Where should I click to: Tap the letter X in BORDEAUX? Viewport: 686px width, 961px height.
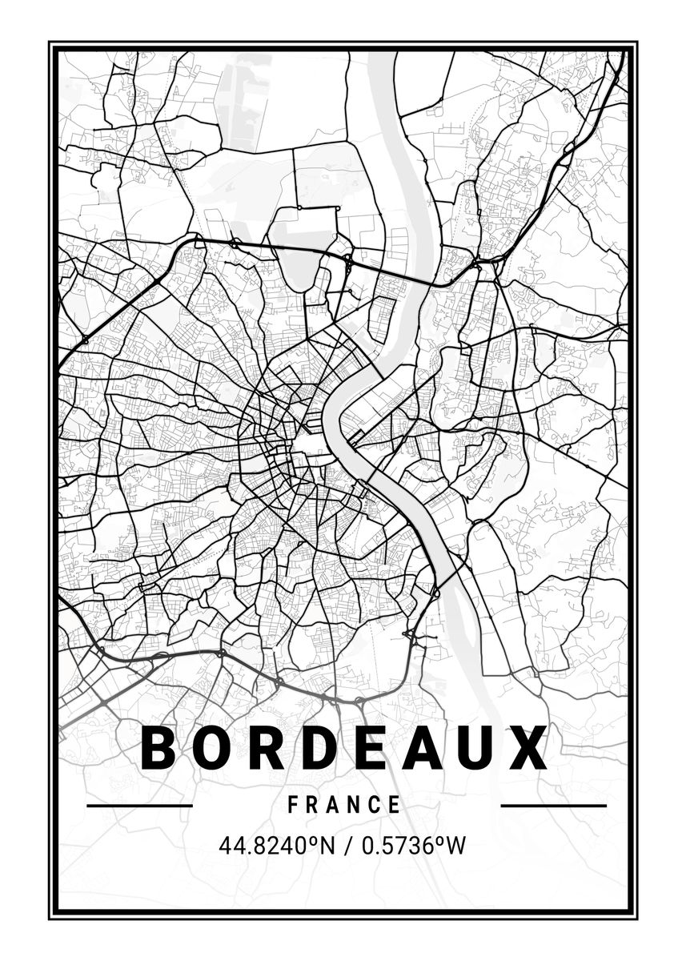pos(528,748)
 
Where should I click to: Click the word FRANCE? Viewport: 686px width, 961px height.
pos(344,805)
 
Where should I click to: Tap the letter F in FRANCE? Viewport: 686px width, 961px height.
pos(293,805)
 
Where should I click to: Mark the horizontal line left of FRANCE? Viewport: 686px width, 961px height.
pos(139,805)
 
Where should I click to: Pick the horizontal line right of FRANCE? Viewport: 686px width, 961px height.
pos(553,805)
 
